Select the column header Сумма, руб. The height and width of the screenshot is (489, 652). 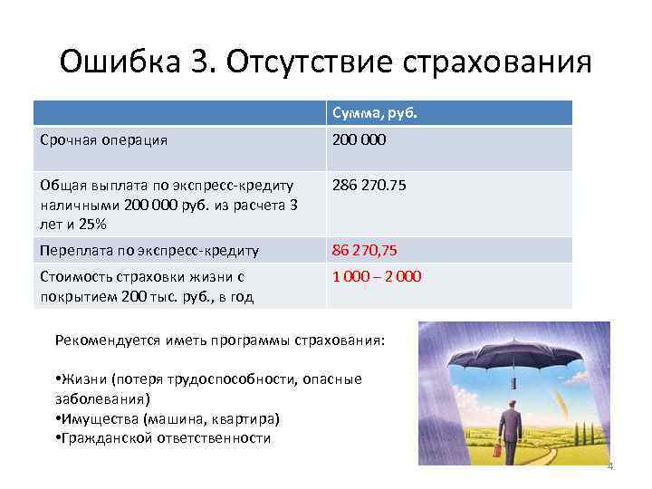click(x=374, y=113)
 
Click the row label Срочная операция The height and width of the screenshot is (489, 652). click(x=103, y=140)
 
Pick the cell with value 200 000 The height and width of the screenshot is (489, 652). click(x=360, y=140)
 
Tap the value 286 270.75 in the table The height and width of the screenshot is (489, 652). click(x=369, y=185)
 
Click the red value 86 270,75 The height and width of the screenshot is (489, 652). click(x=365, y=250)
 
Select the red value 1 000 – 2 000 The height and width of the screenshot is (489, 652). click(x=376, y=276)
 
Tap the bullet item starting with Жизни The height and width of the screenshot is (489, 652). click(x=207, y=379)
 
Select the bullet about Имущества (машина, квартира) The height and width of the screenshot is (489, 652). click(x=168, y=418)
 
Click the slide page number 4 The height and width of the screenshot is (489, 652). click(x=609, y=467)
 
